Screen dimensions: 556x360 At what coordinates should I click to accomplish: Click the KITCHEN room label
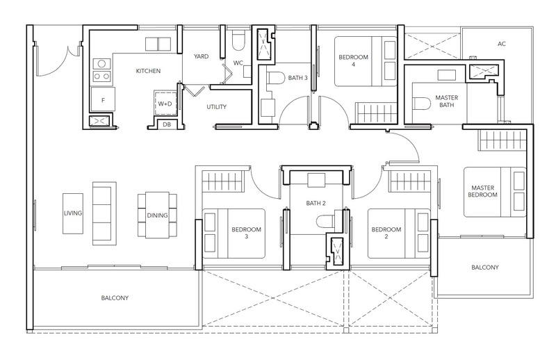pyautogui.click(x=148, y=71)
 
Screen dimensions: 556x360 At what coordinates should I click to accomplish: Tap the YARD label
pyautogui.click(x=201, y=56)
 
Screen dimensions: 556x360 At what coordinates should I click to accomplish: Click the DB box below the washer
pyautogui.click(x=167, y=124)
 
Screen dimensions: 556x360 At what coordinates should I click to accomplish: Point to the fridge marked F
pyautogui.click(x=103, y=99)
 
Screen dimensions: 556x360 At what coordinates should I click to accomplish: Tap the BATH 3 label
pyautogui.click(x=297, y=78)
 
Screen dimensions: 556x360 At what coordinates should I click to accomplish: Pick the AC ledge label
pyautogui.click(x=501, y=44)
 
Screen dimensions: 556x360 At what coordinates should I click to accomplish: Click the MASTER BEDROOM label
pyautogui.click(x=482, y=191)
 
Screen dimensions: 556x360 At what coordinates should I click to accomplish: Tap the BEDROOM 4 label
pyautogui.click(x=353, y=60)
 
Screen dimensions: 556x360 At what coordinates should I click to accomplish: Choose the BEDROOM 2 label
pyautogui.click(x=386, y=233)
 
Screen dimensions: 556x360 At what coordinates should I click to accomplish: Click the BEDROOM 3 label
pyautogui.click(x=246, y=233)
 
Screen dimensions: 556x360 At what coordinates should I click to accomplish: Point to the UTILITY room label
pyautogui.click(x=216, y=107)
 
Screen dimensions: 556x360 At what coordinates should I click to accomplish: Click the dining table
pyautogui.click(x=158, y=215)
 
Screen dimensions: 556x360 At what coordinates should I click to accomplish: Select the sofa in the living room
pyautogui.click(x=104, y=213)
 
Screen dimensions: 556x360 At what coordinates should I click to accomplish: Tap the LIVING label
pyautogui.click(x=73, y=213)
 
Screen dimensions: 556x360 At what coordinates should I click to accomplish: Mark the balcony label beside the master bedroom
pyautogui.click(x=484, y=268)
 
